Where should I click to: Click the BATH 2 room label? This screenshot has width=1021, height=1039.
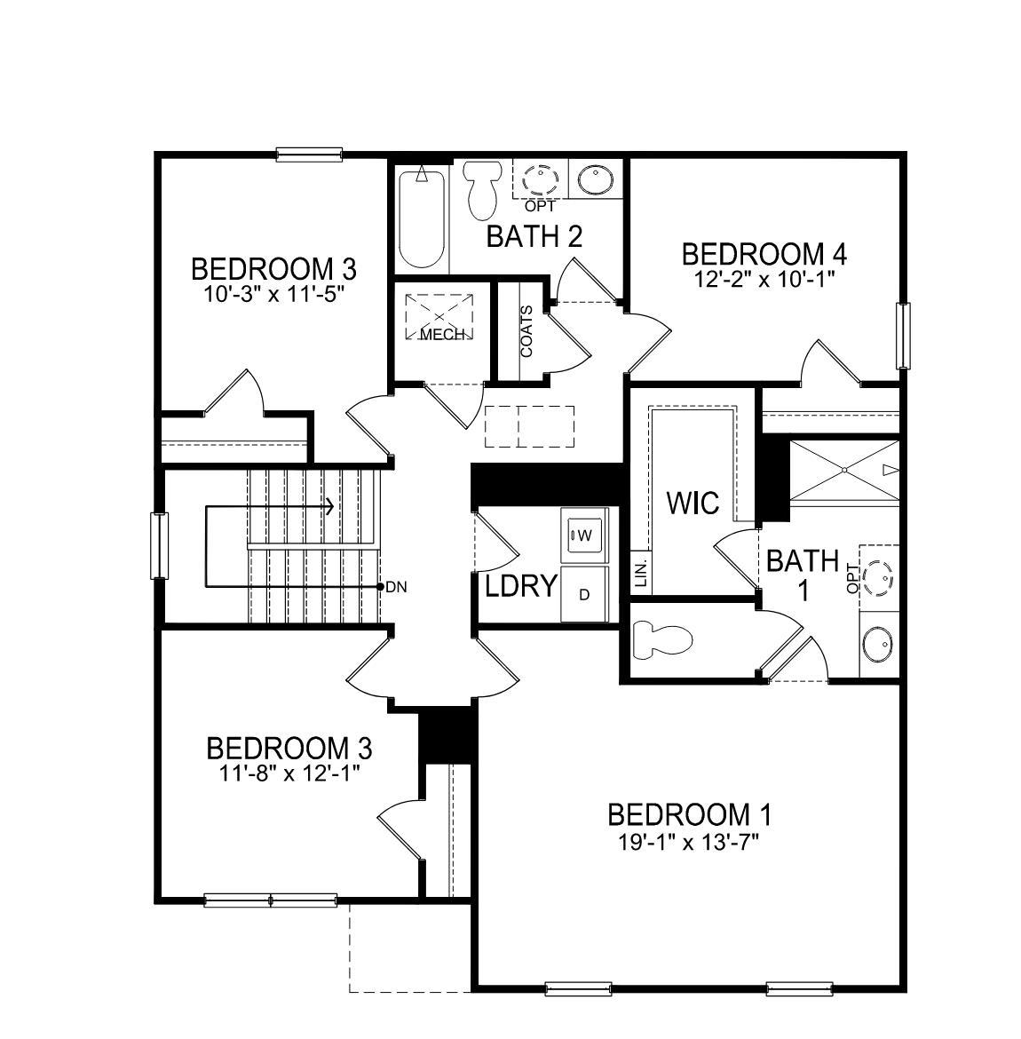click(534, 236)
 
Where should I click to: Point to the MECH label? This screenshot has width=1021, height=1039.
click(441, 335)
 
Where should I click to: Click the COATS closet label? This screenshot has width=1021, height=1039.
click(527, 332)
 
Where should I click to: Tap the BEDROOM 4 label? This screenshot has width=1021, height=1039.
click(764, 254)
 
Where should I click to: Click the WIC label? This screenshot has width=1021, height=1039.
click(693, 503)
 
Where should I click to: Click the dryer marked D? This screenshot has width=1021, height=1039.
click(584, 594)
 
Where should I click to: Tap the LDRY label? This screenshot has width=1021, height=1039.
click(521, 586)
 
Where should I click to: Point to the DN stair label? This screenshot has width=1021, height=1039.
click(397, 587)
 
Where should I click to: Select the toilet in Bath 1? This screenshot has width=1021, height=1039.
click(661, 639)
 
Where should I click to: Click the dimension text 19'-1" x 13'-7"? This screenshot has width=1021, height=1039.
click(689, 838)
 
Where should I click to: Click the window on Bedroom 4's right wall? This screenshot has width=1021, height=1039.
click(903, 336)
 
